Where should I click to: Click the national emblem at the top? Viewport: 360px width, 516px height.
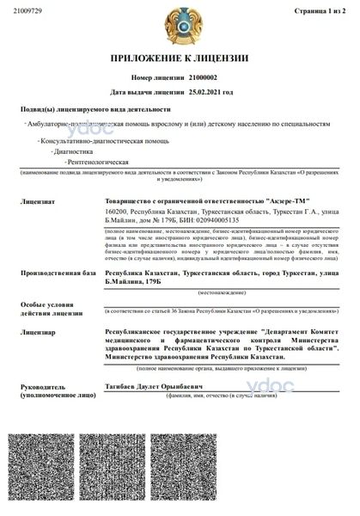click(180, 25)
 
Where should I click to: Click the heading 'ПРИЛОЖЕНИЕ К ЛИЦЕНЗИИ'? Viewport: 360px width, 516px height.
click(180, 58)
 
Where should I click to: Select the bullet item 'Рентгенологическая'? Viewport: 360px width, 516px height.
click(100, 161)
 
